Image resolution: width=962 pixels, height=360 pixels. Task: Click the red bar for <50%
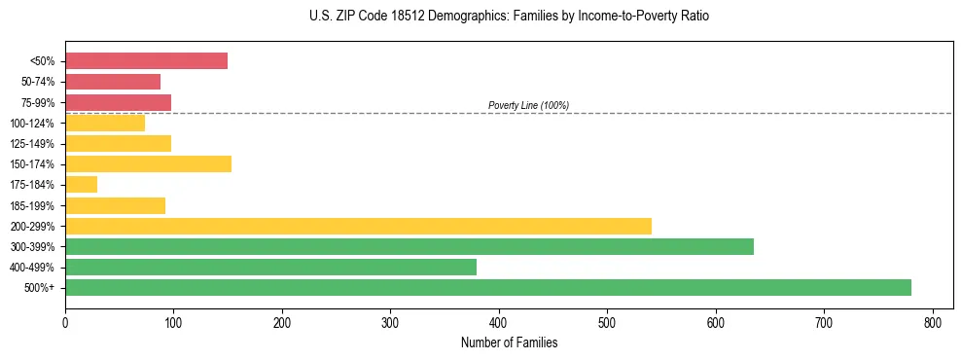[x=146, y=61]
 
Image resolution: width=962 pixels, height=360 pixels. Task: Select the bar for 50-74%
[x=113, y=82]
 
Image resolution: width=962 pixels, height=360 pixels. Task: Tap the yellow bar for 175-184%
[x=81, y=184]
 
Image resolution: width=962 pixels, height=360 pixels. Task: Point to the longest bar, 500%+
[x=487, y=287]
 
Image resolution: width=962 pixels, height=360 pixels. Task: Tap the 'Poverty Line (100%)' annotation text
[x=528, y=105]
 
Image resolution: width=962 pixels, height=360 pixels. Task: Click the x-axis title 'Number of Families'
[x=509, y=342]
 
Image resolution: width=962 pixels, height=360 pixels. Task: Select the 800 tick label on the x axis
[x=933, y=320]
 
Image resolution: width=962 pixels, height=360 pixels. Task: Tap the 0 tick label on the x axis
[x=65, y=320]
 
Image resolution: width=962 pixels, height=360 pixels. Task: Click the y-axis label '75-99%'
[x=38, y=102]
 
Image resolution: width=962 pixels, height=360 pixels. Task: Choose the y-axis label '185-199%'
[x=35, y=205]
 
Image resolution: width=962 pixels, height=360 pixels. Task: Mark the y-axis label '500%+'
[x=40, y=287]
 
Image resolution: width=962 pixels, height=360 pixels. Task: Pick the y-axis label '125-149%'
[x=35, y=143]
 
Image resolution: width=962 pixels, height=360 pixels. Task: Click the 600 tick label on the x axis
[x=716, y=320]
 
